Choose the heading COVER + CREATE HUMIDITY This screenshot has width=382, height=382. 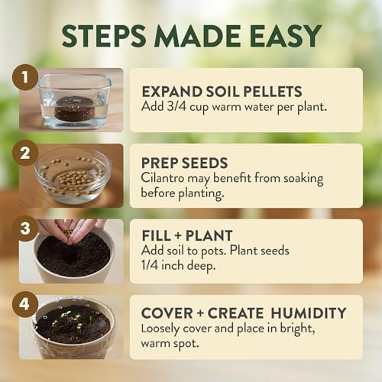coord(244,312)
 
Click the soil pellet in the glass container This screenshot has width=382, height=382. coord(74,109)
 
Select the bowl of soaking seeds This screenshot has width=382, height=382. coord(72,176)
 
